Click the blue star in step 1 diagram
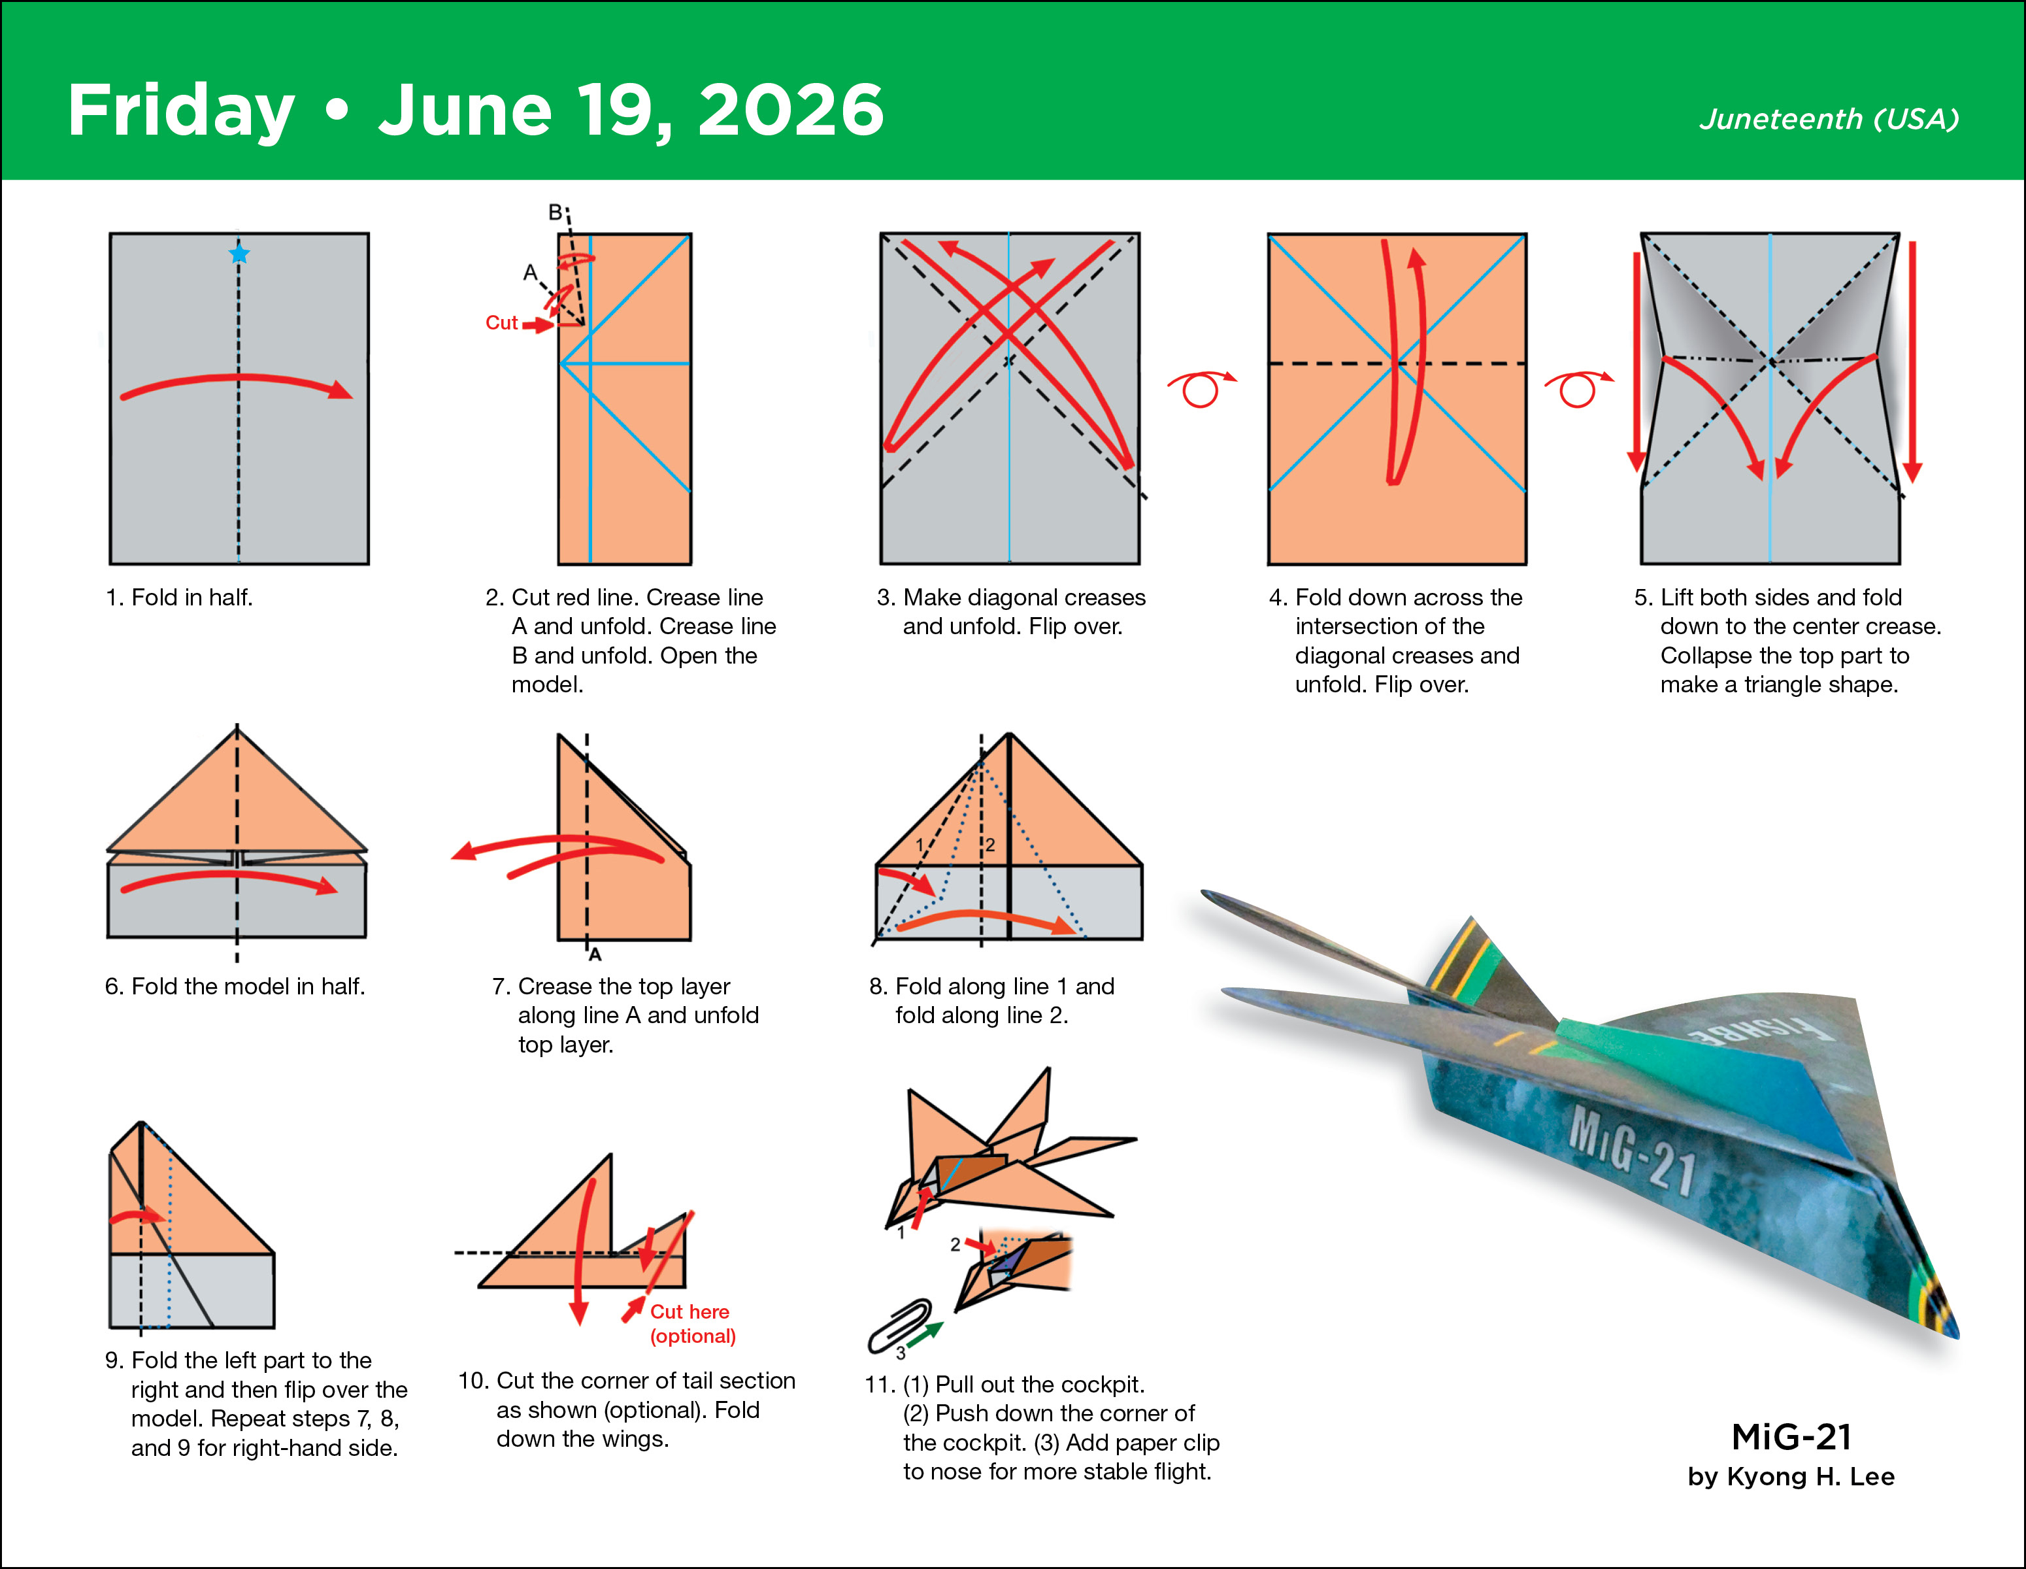tap(239, 253)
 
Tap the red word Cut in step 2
tap(501, 323)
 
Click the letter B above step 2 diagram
tap(555, 212)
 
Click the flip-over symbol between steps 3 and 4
tap(1201, 388)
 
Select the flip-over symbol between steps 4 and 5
tap(1577, 388)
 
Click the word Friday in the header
tap(181, 111)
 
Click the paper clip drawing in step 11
tap(898, 1326)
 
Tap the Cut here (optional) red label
tap(692, 1323)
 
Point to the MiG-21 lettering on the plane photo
tap(1633, 1151)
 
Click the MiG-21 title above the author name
tap(1790, 1436)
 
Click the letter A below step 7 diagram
tap(595, 954)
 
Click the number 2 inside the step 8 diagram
tap(990, 845)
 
